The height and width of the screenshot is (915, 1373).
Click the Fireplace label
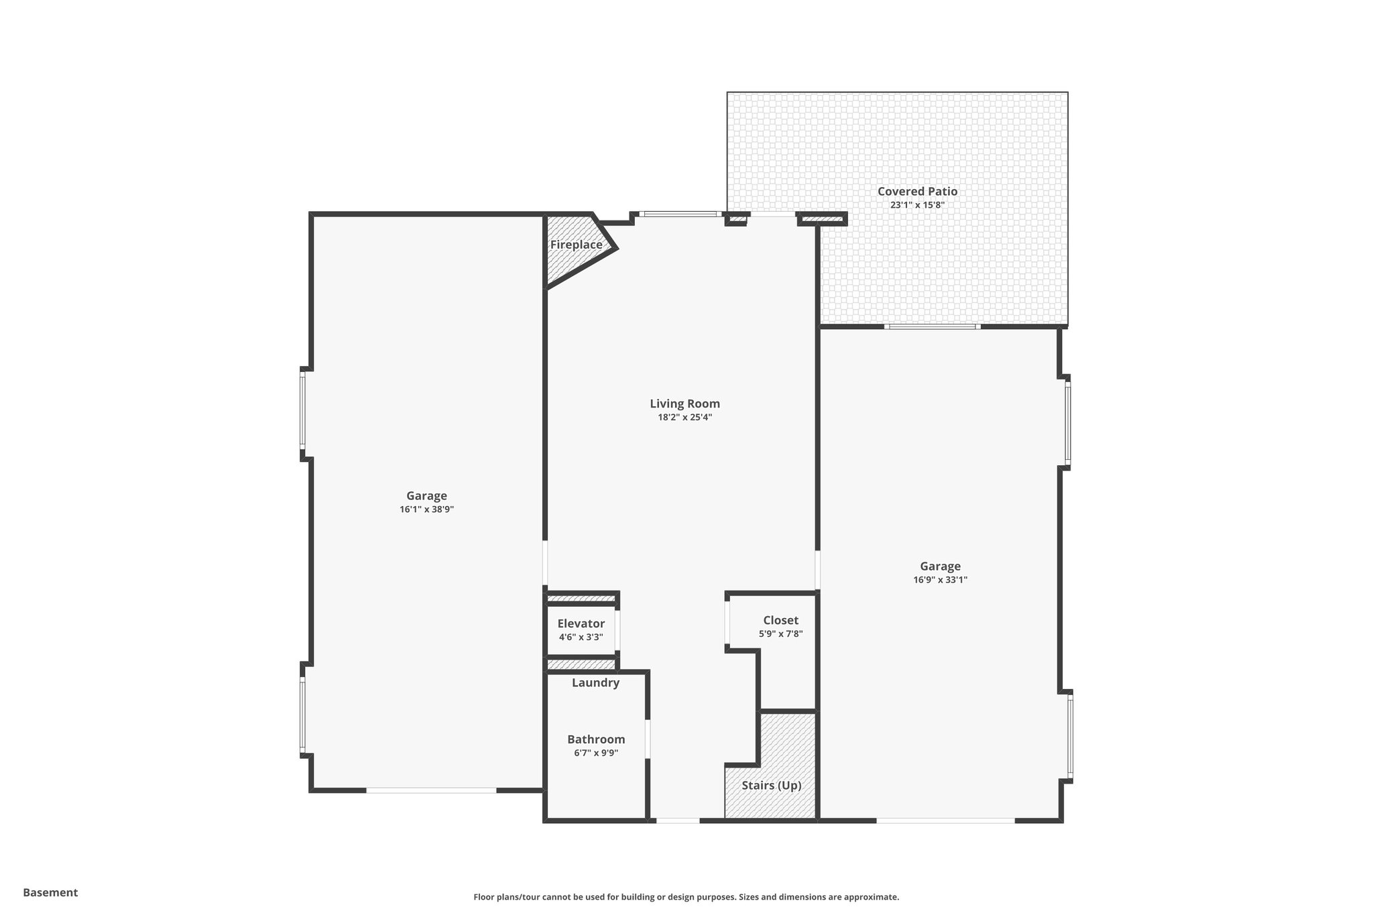(x=576, y=245)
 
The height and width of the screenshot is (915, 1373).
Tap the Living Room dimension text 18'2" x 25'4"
(x=684, y=417)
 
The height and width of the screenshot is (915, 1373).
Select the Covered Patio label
(x=917, y=192)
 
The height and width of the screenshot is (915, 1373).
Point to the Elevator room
(x=581, y=630)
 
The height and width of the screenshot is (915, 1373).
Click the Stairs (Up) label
(x=771, y=785)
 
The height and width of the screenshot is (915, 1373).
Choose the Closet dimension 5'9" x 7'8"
(x=780, y=633)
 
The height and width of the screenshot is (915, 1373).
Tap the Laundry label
(x=595, y=683)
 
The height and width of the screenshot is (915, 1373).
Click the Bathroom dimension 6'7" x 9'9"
(x=595, y=753)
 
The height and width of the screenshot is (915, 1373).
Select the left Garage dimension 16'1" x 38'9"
(x=426, y=509)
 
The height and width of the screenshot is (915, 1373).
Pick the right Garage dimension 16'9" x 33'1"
(x=940, y=580)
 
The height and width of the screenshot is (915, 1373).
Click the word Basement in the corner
(x=50, y=892)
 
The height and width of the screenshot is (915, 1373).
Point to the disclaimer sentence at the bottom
(x=686, y=897)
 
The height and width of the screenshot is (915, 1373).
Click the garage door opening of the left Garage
(x=431, y=790)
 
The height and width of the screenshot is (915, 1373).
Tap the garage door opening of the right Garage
(x=945, y=820)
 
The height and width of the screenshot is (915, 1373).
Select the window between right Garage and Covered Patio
(x=932, y=326)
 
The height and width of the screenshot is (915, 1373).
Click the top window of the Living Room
(x=680, y=215)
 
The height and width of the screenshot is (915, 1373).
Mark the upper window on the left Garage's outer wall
(x=303, y=413)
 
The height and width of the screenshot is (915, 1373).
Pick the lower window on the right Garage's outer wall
(x=1069, y=735)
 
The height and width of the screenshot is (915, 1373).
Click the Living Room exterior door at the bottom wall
(x=677, y=820)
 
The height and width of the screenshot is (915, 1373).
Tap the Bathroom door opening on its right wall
(x=648, y=739)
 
